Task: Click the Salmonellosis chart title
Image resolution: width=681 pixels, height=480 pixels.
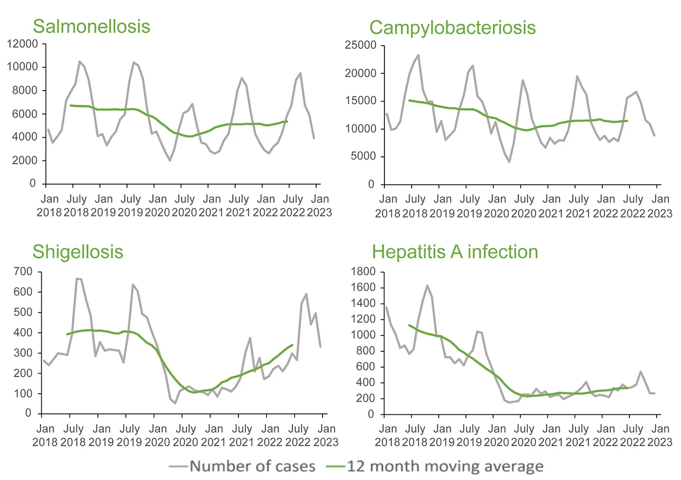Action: tap(91, 26)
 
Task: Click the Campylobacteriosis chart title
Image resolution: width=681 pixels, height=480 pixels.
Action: tap(452, 27)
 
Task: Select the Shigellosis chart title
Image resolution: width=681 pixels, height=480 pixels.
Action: tap(78, 252)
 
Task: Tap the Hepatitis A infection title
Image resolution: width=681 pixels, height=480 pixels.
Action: tap(455, 252)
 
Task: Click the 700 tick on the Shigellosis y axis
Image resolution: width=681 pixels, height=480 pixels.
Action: tap(24, 271)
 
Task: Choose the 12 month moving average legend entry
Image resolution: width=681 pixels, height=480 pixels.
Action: tap(436, 466)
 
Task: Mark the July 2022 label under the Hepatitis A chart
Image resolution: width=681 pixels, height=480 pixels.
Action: tap(630, 434)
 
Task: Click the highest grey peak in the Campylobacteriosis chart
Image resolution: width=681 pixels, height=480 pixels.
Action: tap(418, 55)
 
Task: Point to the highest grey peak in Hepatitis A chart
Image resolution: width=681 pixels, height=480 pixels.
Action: tap(427, 285)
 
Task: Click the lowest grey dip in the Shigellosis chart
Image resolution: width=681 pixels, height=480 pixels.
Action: tap(175, 403)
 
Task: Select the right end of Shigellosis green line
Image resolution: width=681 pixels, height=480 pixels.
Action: tap(293, 345)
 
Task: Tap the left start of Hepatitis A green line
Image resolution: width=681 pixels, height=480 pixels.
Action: tap(409, 325)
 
